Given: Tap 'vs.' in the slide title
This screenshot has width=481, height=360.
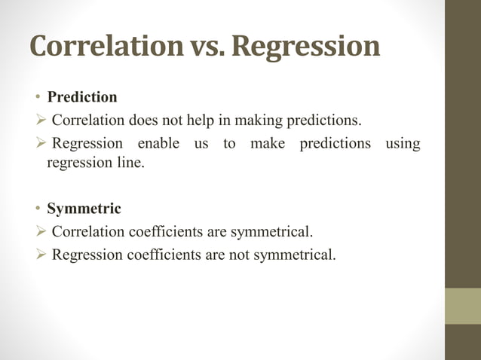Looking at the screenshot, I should pos(204,47).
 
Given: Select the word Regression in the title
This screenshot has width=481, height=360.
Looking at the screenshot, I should pos(305,47).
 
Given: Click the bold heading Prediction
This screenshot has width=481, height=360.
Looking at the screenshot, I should pos(82,97).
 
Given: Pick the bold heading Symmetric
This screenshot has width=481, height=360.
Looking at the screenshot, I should pos(84,209).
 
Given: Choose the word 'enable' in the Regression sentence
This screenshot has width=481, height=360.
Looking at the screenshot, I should pos(154,143).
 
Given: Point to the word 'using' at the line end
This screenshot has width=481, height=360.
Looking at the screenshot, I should pos(403,143).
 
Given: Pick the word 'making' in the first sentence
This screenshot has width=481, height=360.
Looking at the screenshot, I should pos(270,120).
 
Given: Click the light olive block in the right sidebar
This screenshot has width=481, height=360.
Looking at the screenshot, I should pos(463,306).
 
